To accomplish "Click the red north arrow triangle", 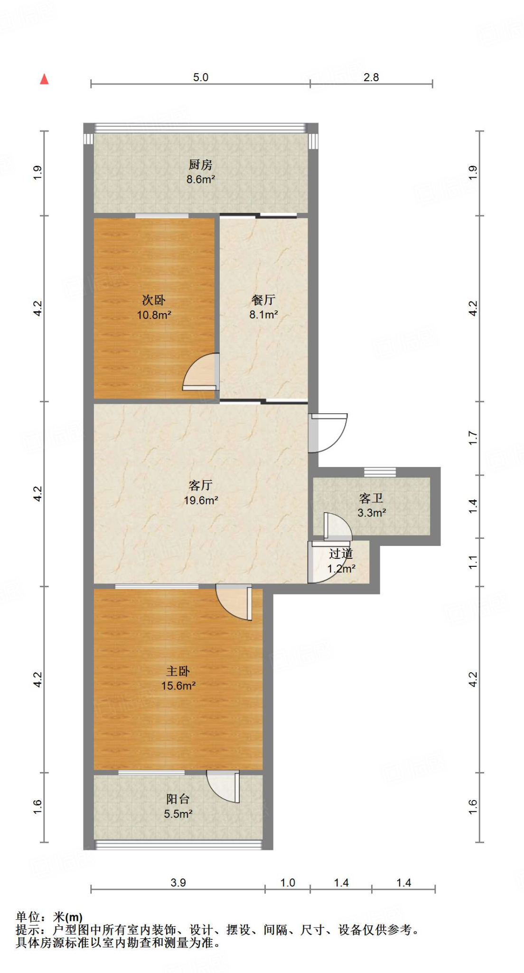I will point(44,79).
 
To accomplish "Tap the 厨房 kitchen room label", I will point(200,165).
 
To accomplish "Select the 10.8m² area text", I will point(154,315).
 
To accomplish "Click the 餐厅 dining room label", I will point(263,300).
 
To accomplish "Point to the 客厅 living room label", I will point(200,485).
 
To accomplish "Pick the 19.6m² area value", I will point(201,500).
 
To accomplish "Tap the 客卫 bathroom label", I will point(371,498).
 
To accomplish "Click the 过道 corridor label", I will point(341,553).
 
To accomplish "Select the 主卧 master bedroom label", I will point(178,671).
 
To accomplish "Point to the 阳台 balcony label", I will point(178,799).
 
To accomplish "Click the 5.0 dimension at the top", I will point(201,77).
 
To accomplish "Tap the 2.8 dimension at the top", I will point(371,77).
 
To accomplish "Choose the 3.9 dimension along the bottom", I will point(178,883).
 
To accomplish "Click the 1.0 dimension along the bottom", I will point(288,883).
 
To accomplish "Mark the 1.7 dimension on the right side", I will point(473,438).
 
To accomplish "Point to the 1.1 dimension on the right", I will point(473,562).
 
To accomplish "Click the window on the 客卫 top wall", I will point(380,472).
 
